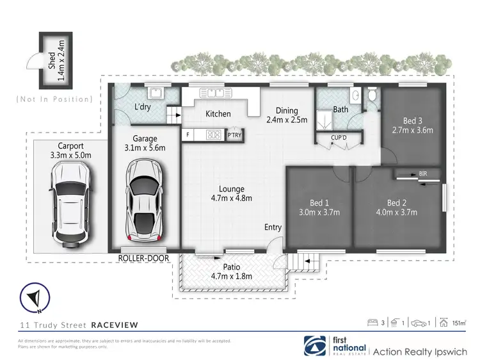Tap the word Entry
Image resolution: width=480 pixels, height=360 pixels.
pos(273,227)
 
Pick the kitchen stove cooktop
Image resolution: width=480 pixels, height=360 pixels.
pos(214,135)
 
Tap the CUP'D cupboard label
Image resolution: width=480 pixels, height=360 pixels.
pos(339,137)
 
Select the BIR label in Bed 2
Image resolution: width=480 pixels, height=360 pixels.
pos(423,174)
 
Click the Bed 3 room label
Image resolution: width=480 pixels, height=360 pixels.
pos(412,120)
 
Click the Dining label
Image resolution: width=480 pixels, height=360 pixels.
pos(287,110)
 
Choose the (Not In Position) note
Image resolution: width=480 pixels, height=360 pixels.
pos(54,99)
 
